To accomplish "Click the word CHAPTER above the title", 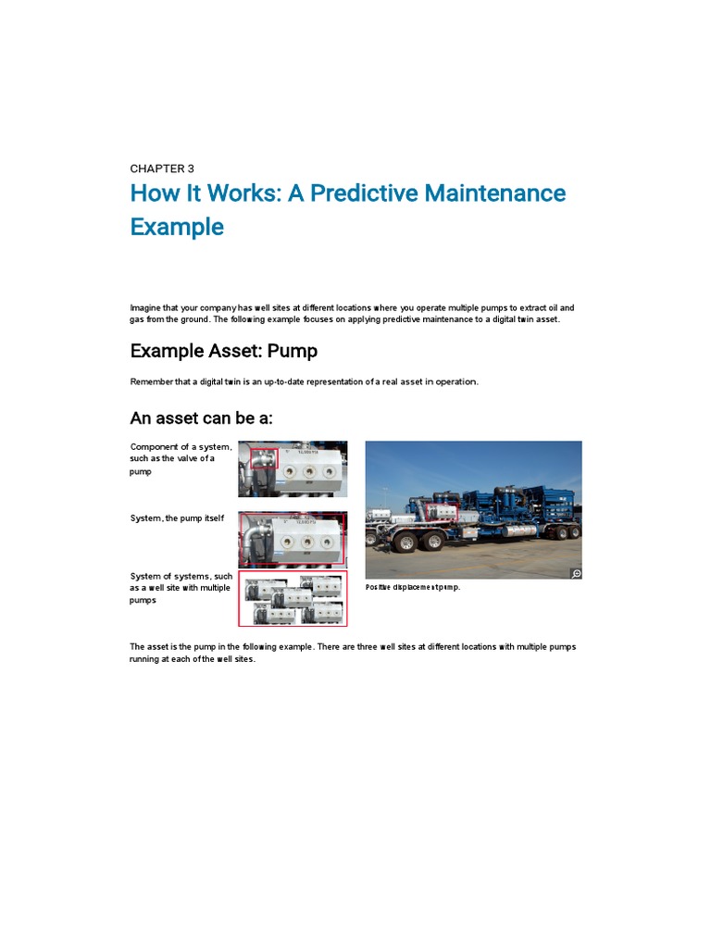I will coord(156,168).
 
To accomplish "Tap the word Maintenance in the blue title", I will coord(493,193).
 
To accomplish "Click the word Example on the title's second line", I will coord(177,227).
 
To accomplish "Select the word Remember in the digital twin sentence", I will coord(151,381).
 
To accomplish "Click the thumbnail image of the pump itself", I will coord(293,539).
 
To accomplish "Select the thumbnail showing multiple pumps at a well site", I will coord(293,598).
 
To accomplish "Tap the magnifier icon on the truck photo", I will coord(575,573).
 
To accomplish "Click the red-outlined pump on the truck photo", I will coord(441,512).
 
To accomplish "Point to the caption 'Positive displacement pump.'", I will coord(413,587).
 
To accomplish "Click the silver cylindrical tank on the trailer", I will coord(519,529).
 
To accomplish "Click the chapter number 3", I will coord(191,168).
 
